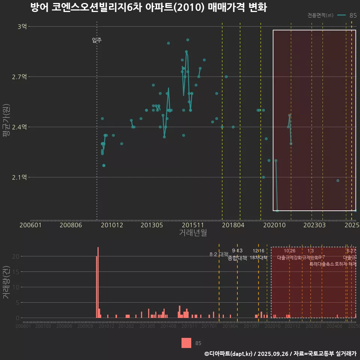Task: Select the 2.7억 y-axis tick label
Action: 19,77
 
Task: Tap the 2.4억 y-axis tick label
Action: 19,127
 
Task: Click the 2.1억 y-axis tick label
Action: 19,177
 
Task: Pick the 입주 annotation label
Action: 97,40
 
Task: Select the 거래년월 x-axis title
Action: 193,232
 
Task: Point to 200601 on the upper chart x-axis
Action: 30,225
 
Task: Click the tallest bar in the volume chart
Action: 98,282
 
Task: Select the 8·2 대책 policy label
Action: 219,254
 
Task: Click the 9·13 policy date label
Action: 237,250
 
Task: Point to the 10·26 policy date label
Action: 289,250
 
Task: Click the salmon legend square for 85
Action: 186,343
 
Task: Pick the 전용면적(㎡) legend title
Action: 320,15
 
